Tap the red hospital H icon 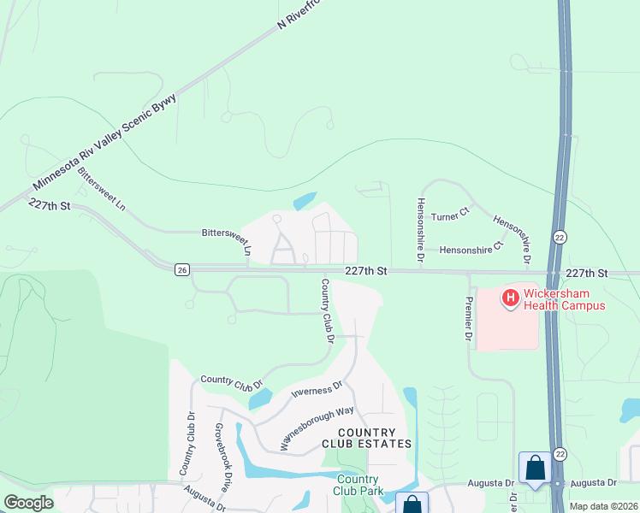point(510,298)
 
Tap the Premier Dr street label point(468,320)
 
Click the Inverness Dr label point(317,390)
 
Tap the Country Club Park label point(359,484)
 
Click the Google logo point(28,503)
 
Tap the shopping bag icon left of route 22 point(535,469)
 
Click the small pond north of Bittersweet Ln point(305,202)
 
